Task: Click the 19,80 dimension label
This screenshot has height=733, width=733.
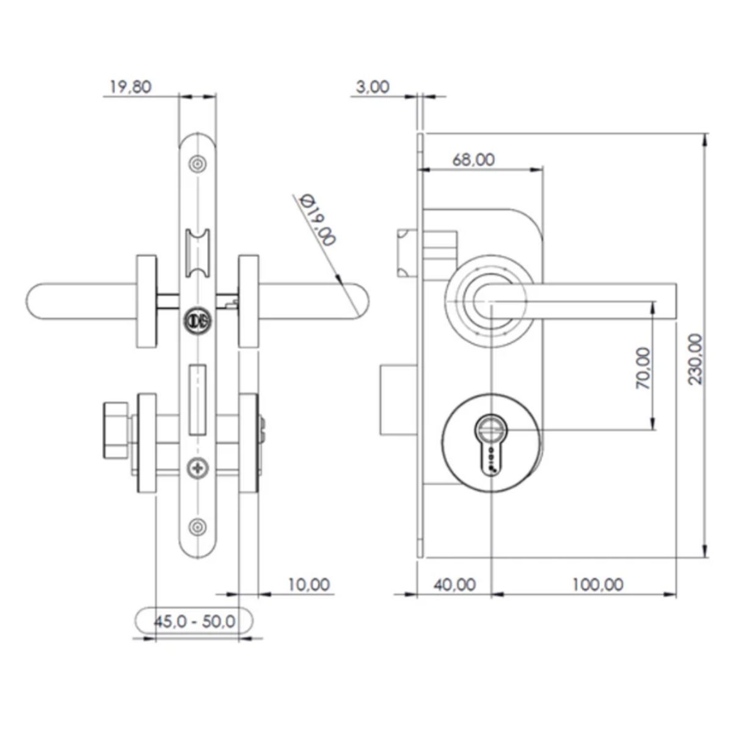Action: pos(130,87)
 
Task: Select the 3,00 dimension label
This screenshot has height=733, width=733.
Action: pos(372,87)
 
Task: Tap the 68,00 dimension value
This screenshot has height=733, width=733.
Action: pos(473,159)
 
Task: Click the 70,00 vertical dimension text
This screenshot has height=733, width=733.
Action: pos(643,368)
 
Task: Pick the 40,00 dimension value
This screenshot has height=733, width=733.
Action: pos(454,585)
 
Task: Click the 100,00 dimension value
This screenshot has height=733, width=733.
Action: pos(597,585)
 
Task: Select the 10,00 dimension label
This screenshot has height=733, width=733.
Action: pos(308,585)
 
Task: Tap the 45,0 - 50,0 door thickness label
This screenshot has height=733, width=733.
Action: pos(194,622)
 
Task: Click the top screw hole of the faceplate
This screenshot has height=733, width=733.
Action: pos(197,163)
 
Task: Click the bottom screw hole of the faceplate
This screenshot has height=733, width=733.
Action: pos(197,527)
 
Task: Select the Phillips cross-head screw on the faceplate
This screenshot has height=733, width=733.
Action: pos(197,469)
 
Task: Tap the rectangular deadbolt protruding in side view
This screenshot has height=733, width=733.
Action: pos(399,400)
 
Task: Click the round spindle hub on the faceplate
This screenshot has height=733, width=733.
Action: pos(197,319)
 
